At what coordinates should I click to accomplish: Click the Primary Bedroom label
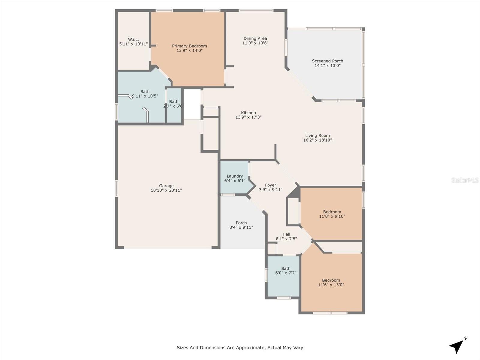coord(189,46)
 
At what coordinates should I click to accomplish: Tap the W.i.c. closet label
coord(133,40)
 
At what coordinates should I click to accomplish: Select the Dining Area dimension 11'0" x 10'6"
coord(255,43)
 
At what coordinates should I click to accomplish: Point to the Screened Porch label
coord(327,61)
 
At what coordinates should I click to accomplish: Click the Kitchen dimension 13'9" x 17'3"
coord(248,117)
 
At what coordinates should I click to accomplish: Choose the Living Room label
coord(317,136)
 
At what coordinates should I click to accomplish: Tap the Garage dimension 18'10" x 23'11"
coord(166,190)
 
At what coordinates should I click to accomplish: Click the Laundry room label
coord(235,176)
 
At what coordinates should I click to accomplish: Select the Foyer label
coord(270,185)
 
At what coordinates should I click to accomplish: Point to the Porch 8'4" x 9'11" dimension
coord(241,227)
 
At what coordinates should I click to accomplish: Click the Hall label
coord(286,234)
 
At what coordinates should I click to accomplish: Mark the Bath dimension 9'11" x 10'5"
coord(145,96)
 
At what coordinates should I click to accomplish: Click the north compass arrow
coord(457,346)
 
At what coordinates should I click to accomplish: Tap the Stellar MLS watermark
coord(465,180)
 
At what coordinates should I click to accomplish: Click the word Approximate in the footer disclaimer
coord(250,348)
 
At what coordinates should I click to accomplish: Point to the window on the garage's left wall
coord(117,188)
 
